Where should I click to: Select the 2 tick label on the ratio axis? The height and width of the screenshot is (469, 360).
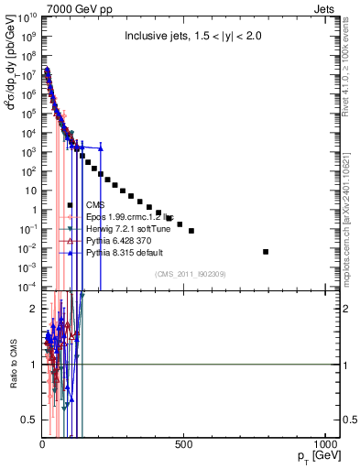click(x=32, y=310)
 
